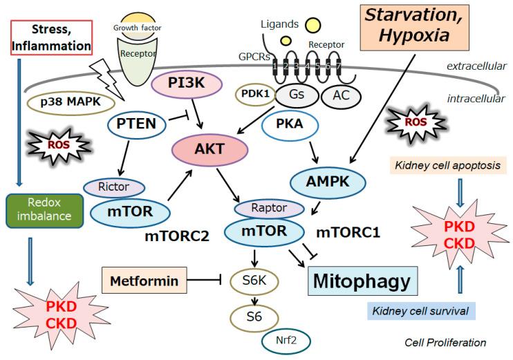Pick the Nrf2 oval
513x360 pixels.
point(286,339)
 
